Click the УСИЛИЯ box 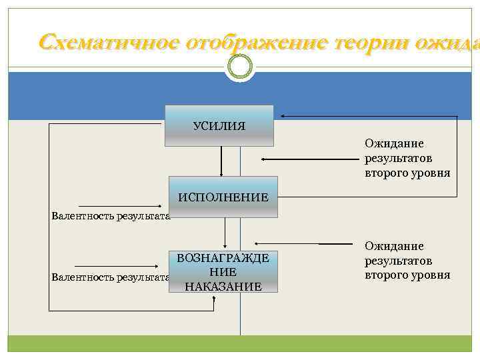coord(219,125)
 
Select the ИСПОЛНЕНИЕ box coord(223,197)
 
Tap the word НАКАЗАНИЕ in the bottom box coord(223,286)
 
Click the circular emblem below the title coord(240,66)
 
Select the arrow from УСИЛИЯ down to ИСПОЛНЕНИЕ coord(221,161)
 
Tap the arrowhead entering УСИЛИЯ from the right coord(283,117)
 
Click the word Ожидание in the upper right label coord(394,143)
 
